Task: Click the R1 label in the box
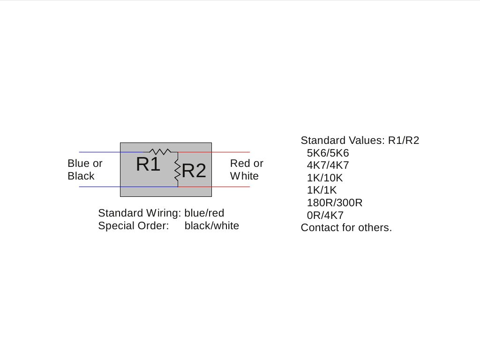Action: [148, 165]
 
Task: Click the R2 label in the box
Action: [194, 171]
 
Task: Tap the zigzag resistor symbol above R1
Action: [160, 151]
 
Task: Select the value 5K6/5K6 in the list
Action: [328, 153]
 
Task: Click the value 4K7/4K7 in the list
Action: [328, 165]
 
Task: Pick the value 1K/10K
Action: [325, 178]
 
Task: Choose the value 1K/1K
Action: [322, 190]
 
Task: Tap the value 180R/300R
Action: [335, 203]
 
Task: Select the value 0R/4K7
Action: [325, 216]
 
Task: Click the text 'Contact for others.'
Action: [346, 228]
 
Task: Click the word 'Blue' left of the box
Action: [78, 164]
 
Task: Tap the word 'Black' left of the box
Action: [81, 176]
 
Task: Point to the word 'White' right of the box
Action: [244, 176]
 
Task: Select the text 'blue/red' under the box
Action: [204, 213]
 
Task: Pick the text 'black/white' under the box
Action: [211, 226]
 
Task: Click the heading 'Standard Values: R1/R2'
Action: [360, 140]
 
